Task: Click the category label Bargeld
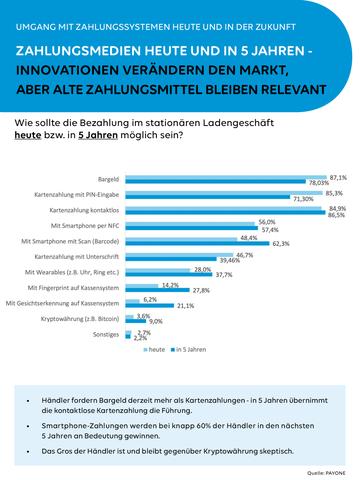105,178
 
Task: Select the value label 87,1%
338,174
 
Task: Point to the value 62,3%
280,243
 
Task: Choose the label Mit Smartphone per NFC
84,226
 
